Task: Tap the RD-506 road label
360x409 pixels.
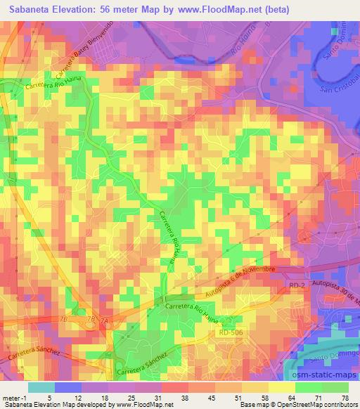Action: point(231,332)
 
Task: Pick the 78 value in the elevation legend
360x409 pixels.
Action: point(345,397)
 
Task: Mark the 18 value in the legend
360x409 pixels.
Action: point(106,397)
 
